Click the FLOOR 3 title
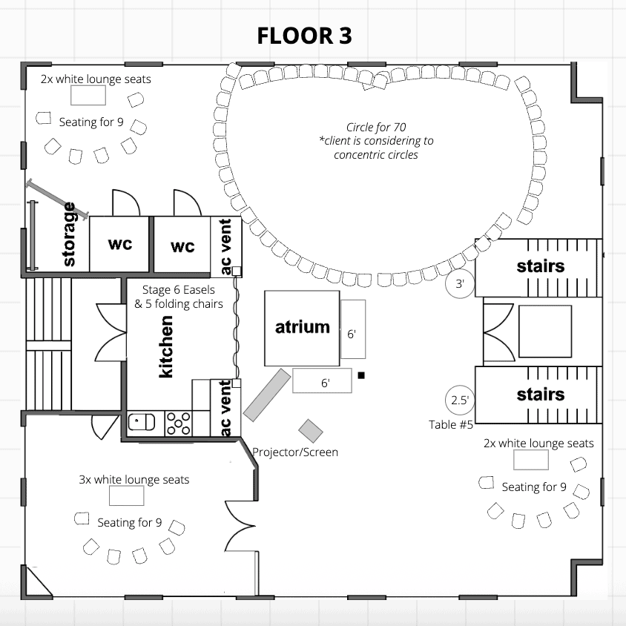click(304, 36)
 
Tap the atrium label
click(302, 326)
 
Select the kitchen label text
click(166, 346)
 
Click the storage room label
click(70, 234)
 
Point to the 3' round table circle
click(459, 284)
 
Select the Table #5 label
click(451, 424)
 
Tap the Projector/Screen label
click(295, 452)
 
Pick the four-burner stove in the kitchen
click(179, 423)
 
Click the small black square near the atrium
click(361, 375)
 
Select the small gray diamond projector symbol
click(311, 429)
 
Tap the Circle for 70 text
click(376, 127)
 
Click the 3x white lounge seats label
click(134, 479)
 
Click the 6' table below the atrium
click(321, 381)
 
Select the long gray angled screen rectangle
click(267, 395)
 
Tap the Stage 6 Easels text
click(175, 291)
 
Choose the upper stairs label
click(540, 266)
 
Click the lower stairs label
click(540, 395)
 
